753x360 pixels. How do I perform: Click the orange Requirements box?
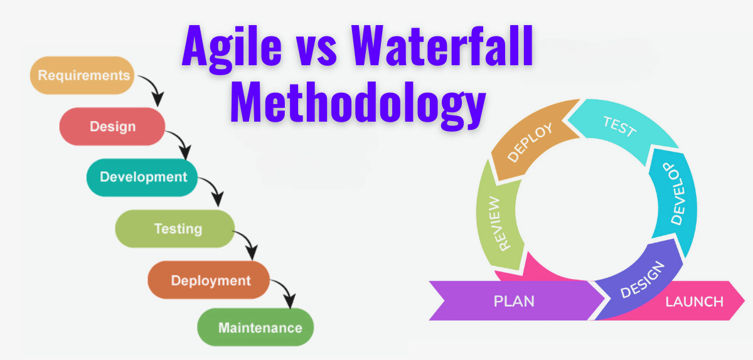coord(82,75)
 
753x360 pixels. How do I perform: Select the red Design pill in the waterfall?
coord(112,127)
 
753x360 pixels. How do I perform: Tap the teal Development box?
coord(142,177)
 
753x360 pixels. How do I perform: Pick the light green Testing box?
coord(175,228)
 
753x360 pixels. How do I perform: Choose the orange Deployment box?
coord(209,280)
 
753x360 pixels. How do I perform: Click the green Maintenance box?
coord(255,327)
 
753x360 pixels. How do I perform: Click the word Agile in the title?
coord(232,47)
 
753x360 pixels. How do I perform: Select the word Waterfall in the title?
coord(442,45)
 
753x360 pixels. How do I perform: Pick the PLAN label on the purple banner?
coord(514,301)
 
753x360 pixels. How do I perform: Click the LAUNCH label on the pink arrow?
coord(695,302)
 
